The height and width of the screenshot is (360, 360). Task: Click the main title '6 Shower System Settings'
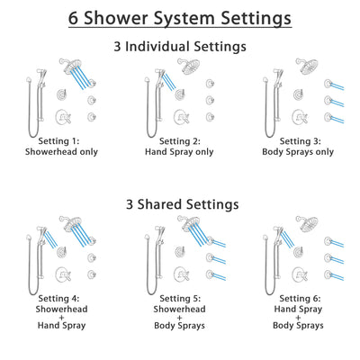coord(180,18)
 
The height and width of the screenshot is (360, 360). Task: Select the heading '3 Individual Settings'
coord(180,45)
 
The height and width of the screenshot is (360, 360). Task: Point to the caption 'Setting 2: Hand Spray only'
coord(180,146)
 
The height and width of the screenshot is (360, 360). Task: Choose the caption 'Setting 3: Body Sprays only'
coord(300,146)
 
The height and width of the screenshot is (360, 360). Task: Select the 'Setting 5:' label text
coord(180,298)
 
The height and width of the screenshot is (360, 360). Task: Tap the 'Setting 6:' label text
coord(300,298)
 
